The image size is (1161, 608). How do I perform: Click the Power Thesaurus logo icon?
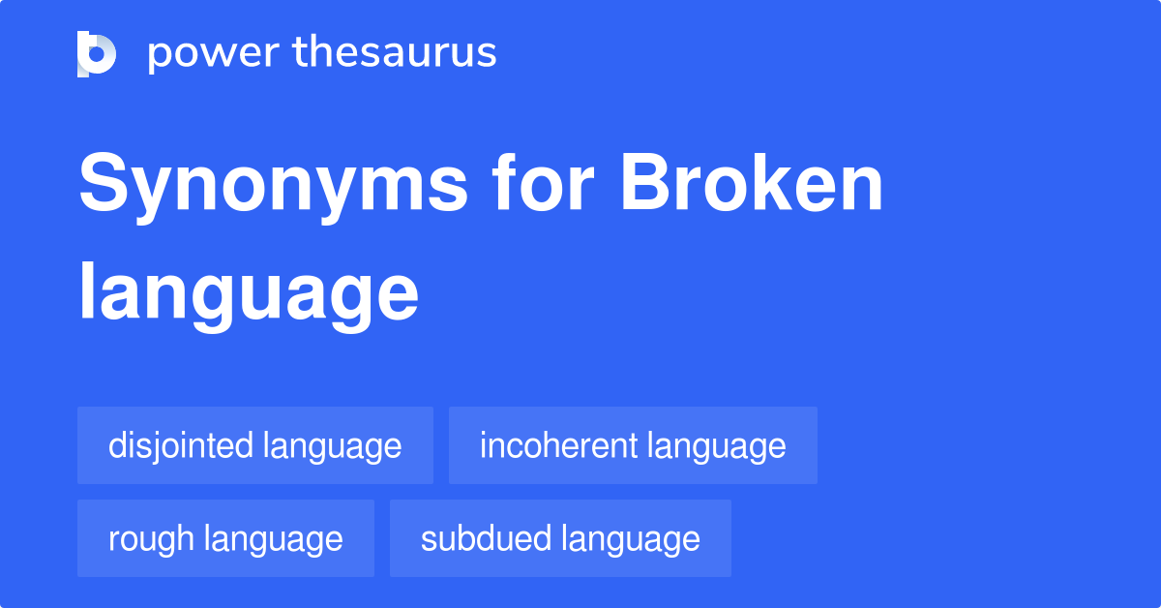[x=97, y=53]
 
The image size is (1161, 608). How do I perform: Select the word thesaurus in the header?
[x=395, y=53]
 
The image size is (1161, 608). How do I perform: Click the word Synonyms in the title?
[x=274, y=186]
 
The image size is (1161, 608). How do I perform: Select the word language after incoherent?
[x=717, y=446]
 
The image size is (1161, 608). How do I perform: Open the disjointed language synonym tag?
[x=255, y=445]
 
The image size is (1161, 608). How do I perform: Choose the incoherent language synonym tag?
[x=633, y=445]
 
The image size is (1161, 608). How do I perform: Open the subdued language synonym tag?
[x=560, y=538]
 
